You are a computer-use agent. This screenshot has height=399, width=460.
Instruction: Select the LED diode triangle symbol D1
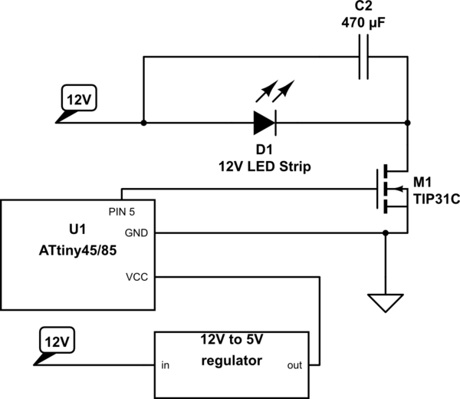[264, 122]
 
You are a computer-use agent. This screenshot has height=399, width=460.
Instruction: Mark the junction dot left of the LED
[143, 122]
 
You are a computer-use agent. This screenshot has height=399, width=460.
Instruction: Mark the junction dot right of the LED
[406, 122]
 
